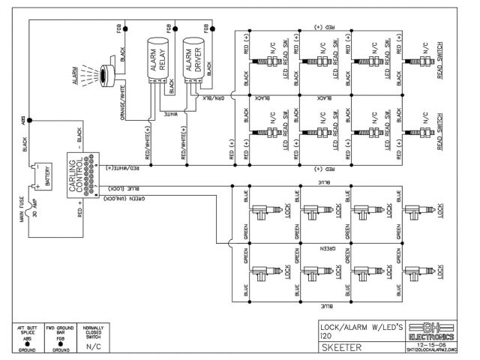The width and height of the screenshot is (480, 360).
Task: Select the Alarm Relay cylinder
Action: [158, 60]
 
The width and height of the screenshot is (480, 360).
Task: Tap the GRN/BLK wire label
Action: [209, 97]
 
